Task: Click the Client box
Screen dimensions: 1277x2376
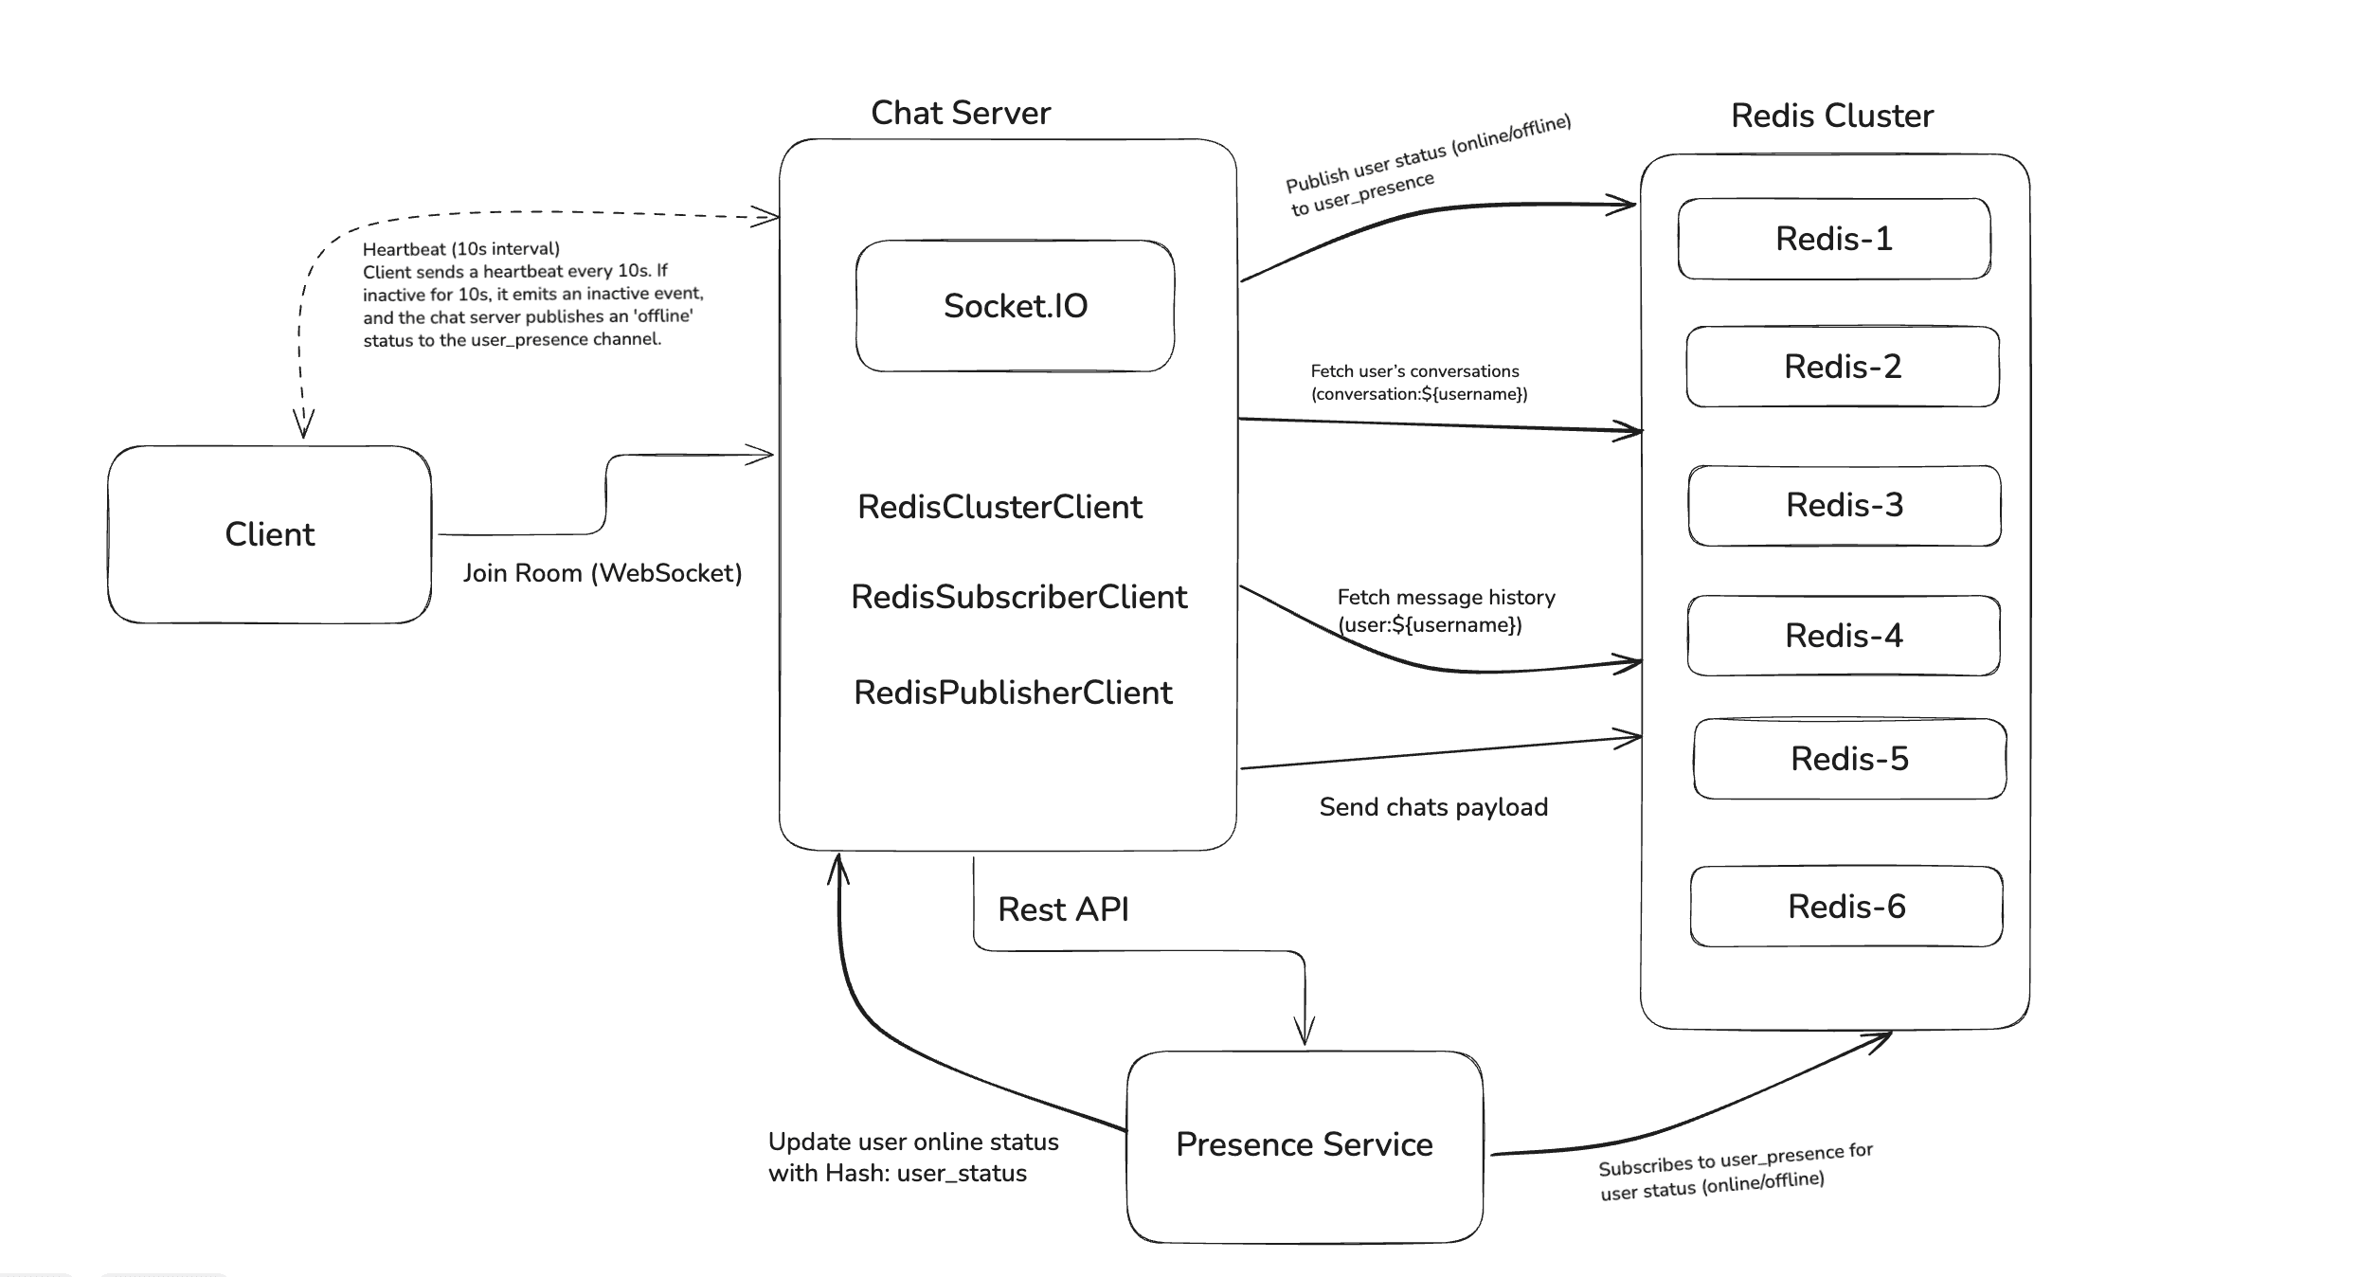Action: click(269, 534)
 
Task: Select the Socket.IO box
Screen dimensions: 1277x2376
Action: click(1015, 306)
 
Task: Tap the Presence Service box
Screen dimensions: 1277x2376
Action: click(1304, 1144)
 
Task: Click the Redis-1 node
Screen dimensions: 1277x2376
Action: click(1833, 239)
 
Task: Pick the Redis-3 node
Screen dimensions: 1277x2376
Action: click(1844, 505)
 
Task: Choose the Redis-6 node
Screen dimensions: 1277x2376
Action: click(1845, 907)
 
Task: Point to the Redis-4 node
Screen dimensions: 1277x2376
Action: click(1843, 636)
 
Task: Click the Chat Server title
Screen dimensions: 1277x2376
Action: click(960, 113)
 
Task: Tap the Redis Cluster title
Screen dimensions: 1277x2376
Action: click(1831, 116)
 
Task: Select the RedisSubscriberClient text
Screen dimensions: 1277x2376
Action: click(1018, 597)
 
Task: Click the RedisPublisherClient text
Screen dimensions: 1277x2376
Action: click(1013, 692)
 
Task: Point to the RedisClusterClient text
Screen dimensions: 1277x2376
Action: click(999, 507)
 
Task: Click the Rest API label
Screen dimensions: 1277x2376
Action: click(1062, 909)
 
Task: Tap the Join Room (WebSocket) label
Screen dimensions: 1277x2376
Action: click(602, 573)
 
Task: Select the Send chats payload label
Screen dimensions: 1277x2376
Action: click(1432, 807)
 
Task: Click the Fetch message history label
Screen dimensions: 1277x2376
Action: click(1445, 598)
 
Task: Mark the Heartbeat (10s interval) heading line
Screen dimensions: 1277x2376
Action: click(460, 249)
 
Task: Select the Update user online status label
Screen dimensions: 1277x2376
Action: click(912, 1142)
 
